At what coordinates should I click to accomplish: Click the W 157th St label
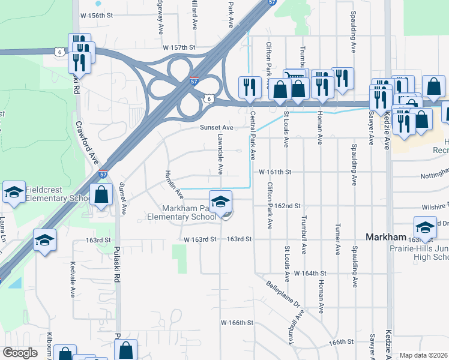click(179, 47)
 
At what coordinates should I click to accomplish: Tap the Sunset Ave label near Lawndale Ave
click(215, 128)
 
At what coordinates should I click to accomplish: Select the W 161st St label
click(275, 172)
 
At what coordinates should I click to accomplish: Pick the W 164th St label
click(313, 273)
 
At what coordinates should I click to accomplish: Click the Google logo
click(20, 353)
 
